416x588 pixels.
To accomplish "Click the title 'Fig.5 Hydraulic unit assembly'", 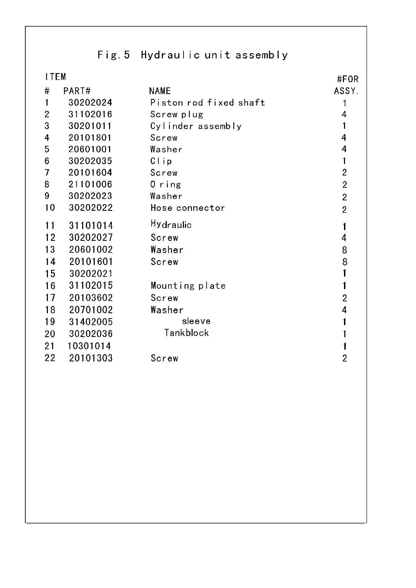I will (192, 55).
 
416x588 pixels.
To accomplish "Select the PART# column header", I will (77, 91).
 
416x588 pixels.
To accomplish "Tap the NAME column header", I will (160, 91).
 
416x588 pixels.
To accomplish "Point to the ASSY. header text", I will (346, 91).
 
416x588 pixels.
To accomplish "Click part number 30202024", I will (90, 103).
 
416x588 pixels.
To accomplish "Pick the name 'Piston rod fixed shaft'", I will (208, 103).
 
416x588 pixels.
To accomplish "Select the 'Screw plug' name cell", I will (177, 115).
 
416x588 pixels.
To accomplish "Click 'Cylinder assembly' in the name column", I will (196, 126).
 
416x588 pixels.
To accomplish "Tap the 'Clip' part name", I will (161, 161).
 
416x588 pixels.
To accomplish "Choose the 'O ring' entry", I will (165, 185).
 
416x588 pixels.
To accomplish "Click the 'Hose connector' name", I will (187, 208).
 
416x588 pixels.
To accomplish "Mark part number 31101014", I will (91, 226).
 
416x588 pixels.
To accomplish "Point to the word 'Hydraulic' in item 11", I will (171, 224).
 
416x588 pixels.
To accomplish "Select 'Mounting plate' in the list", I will (188, 286).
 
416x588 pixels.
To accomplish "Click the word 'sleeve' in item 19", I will (196, 321).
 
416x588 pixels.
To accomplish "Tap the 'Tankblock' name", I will (186, 333).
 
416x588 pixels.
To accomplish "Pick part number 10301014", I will (89, 346).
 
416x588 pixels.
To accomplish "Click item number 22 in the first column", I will (50, 358).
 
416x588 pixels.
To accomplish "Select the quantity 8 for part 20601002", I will (344, 250).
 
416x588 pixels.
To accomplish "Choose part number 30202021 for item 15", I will (91, 274).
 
